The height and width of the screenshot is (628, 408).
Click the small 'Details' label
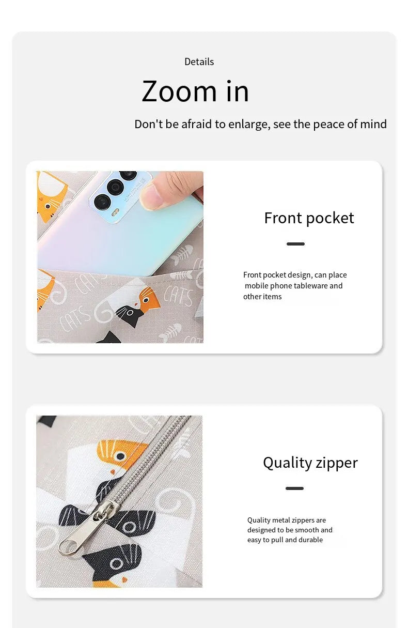click(x=199, y=62)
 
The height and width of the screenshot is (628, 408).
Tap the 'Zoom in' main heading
click(x=195, y=91)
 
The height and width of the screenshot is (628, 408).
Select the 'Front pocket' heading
click(x=309, y=218)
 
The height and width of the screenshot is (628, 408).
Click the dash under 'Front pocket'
click(x=295, y=244)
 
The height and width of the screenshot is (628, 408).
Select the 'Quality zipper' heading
click(x=310, y=463)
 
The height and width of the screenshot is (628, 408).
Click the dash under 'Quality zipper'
click(x=294, y=488)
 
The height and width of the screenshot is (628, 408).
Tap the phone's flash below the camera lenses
click(x=115, y=213)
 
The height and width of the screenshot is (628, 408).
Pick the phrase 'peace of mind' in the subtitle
click(x=350, y=124)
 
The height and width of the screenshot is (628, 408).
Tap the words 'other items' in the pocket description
click(x=262, y=297)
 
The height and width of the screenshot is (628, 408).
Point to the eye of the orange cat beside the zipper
click(x=120, y=456)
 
